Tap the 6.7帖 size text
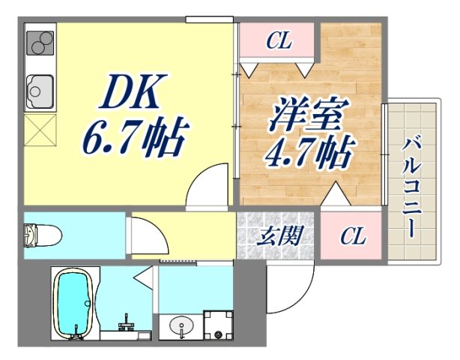pyautogui.click(x=134, y=135)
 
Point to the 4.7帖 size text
pyautogui.click(x=306, y=154)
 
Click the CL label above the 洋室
pyautogui.click(x=278, y=42)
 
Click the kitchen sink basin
pyautogui.click(x=37, y=93)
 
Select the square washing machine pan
pyautogui.click(x=217, y=324)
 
